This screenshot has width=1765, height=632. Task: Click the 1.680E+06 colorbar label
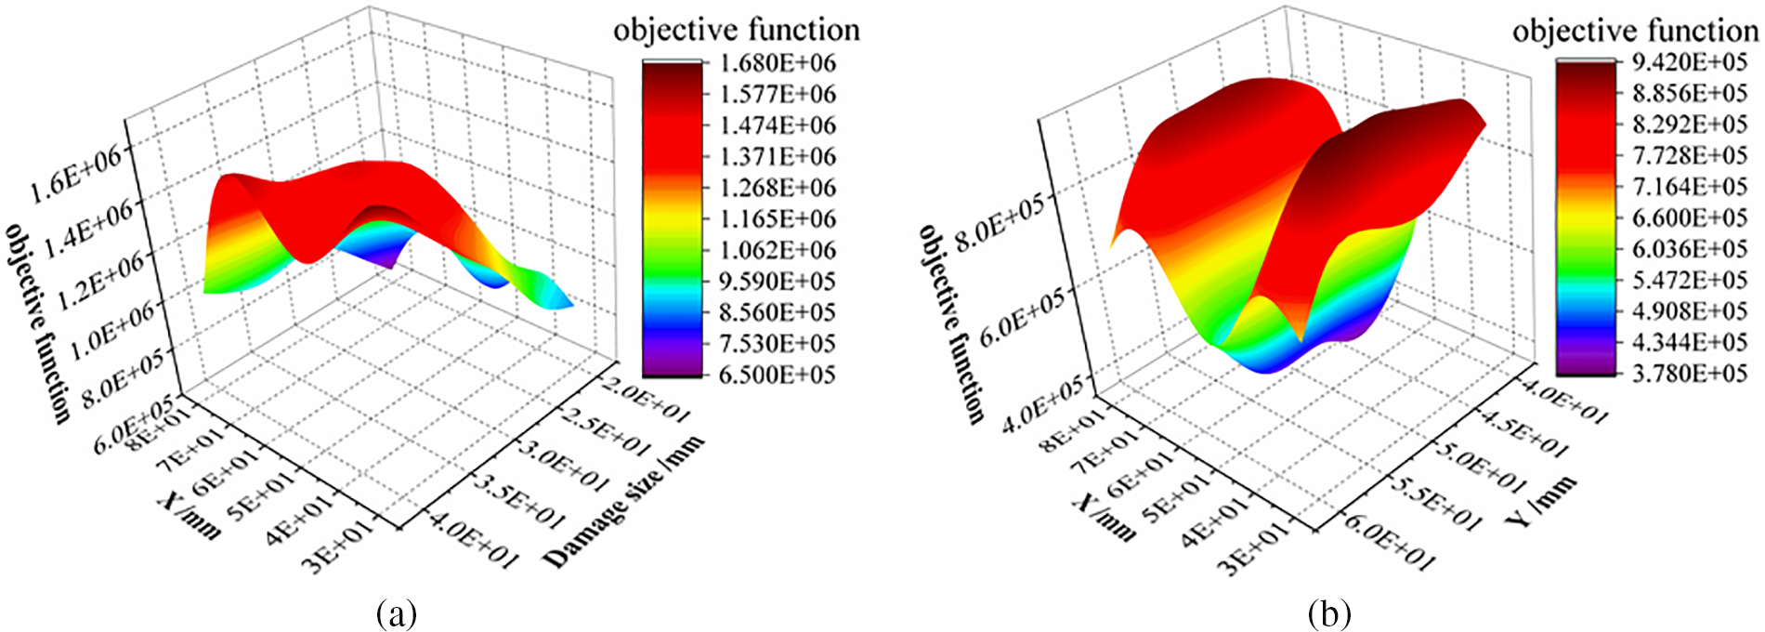[x=778, y=63]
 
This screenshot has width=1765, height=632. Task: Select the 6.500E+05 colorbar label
[x=778, y=375]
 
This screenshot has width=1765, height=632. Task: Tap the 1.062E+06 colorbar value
[x=778, y=250]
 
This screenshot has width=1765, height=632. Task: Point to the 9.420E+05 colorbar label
[x=1690, y=62]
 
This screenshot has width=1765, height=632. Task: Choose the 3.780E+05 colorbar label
[x=1690, y=374]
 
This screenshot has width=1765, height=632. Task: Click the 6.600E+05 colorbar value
[x=1690, y=217]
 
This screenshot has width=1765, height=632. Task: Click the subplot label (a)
[x=397, y=613]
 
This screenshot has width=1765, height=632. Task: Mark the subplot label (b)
[x=1328, y=613]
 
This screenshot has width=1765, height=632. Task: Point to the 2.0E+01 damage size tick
[x=645, y=400]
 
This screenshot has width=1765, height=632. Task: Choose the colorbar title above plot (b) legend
[x=1636, y=31]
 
